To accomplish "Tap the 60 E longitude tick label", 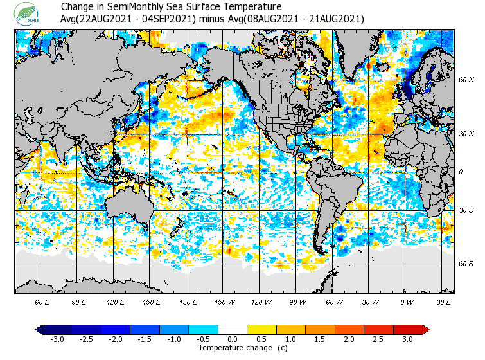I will click(42, 302).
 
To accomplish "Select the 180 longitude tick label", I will click(188, 302).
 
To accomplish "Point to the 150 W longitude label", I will click(225, 302).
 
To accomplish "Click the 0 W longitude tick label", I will click(407, 302).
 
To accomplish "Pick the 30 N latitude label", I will click(466, 134).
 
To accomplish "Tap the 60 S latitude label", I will click(466, 264).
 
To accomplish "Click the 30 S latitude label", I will click(466, 210).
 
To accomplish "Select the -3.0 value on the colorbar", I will click(57, 339).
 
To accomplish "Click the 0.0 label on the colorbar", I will click(233, 339).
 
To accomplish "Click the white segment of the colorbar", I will click(233, 329).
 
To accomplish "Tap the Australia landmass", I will click(128, 206).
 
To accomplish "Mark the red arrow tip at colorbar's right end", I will click(427, 329).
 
